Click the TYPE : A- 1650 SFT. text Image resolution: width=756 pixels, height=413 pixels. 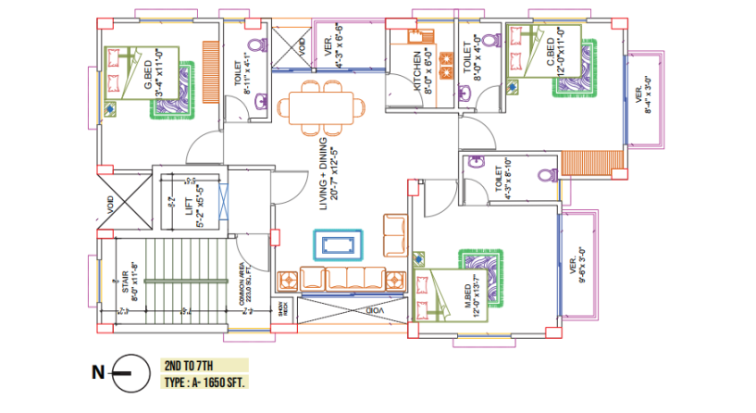click(x=205, y=381)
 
